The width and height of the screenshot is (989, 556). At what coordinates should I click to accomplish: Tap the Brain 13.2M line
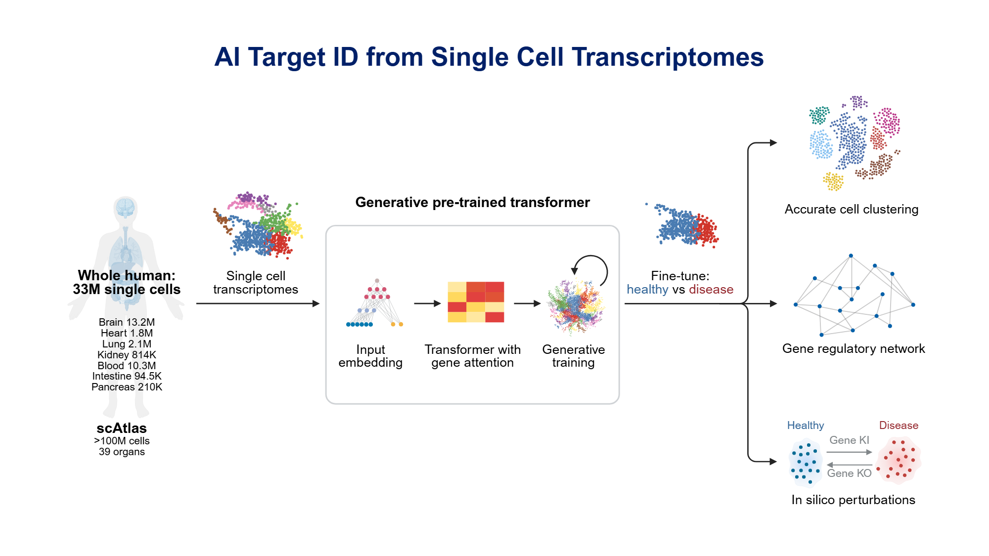point(127,322)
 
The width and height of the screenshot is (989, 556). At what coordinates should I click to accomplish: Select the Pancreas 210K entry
point(127,387)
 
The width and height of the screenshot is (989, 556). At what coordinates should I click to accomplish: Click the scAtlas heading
point(122,428)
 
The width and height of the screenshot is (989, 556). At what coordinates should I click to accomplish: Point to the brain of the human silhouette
point(126,208)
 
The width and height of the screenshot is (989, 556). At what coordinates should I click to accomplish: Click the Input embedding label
point(370,356)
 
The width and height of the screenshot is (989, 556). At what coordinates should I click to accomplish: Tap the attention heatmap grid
point(476,302)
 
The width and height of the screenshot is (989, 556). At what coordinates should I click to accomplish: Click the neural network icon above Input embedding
point(375,303)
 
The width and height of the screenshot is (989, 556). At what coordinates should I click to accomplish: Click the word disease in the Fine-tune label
point(711,290)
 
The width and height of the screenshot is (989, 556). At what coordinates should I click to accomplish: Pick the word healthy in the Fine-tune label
point(647,290)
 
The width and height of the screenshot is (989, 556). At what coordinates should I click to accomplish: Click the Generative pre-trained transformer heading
point(472,202)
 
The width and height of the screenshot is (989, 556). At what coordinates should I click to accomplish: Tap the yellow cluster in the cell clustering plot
point(833,181)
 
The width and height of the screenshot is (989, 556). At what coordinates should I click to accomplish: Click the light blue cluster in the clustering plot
point(821,144)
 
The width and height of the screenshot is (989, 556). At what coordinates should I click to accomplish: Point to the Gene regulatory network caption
point(853,348)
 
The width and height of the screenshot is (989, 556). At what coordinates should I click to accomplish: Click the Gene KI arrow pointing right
point(849,452)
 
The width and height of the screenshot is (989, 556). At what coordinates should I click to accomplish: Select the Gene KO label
point(849,473)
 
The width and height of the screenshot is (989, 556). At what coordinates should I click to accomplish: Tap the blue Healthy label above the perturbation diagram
point(805,426)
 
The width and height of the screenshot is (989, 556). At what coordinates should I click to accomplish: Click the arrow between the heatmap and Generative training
point(527,303)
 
